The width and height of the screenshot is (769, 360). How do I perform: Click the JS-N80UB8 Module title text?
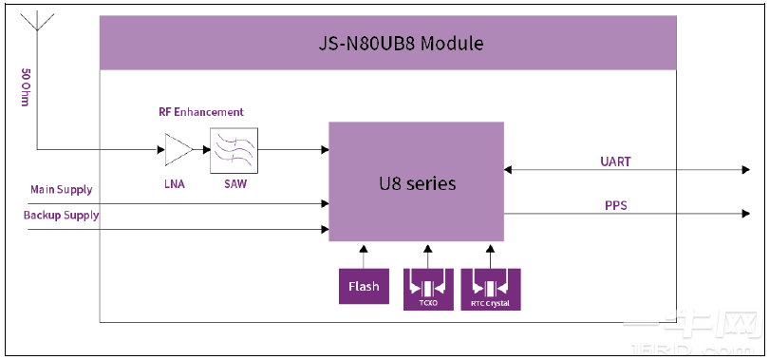click(386, 44)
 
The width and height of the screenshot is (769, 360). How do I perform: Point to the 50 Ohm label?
click(25, 87)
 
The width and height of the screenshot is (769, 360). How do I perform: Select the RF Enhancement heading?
click(200, 112)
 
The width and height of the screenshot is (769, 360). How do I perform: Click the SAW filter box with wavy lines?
click(234, 149)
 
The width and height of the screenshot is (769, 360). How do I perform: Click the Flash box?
click(364, 286)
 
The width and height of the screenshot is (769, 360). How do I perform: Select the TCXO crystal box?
click(428, 286)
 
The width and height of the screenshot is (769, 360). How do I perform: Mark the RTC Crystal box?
click(490, 286)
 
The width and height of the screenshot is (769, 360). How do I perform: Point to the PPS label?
click(616, 204)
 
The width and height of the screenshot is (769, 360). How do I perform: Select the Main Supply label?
click(62, 190)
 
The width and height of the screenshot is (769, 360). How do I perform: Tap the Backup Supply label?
click(62, 216)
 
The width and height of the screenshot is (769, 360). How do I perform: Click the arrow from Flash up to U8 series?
click(364, 256)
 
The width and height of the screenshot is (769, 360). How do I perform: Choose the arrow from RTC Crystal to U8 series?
click(490, 256)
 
